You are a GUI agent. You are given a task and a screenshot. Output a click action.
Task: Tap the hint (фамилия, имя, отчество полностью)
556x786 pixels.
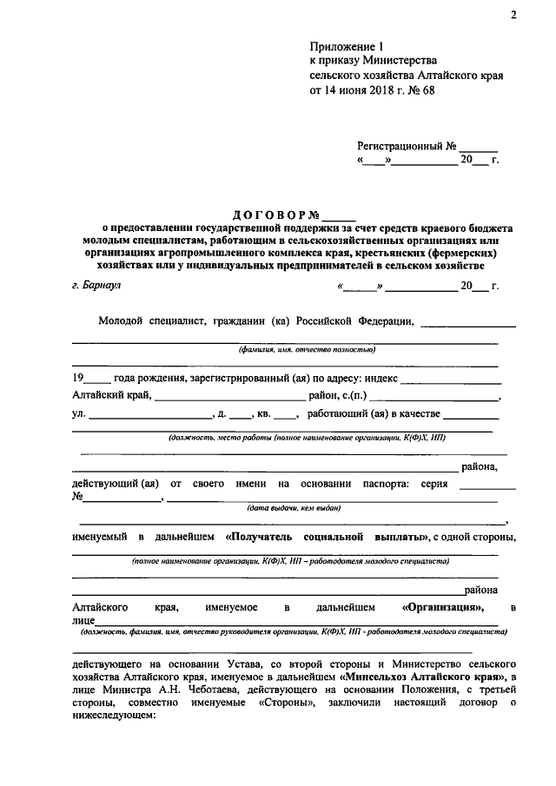295,348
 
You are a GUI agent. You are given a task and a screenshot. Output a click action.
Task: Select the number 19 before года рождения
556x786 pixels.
78,380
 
